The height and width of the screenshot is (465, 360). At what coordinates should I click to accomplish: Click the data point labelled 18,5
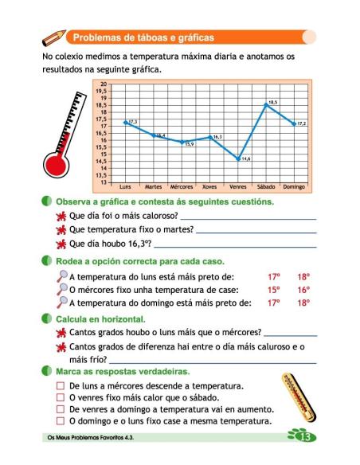tap(267, 104)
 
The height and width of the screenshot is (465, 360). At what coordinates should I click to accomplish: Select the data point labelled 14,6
tap(238, 158)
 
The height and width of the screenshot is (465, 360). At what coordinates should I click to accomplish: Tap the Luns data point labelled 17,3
tap(126, 122)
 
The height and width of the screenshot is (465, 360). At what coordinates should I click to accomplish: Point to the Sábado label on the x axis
tap(267, 188)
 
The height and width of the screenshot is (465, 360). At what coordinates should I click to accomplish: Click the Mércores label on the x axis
tap(182, 188)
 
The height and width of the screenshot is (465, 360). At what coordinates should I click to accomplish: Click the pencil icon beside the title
tap(53, 37)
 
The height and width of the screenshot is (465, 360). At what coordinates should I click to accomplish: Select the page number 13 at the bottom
tap(303, 437)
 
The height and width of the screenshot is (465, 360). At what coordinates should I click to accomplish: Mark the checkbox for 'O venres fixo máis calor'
tap(61, 397)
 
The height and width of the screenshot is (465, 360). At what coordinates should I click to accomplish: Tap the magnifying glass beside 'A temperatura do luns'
tap(62, 277)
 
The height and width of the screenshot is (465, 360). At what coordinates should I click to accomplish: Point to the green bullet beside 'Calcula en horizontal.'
tap(49, 318)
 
